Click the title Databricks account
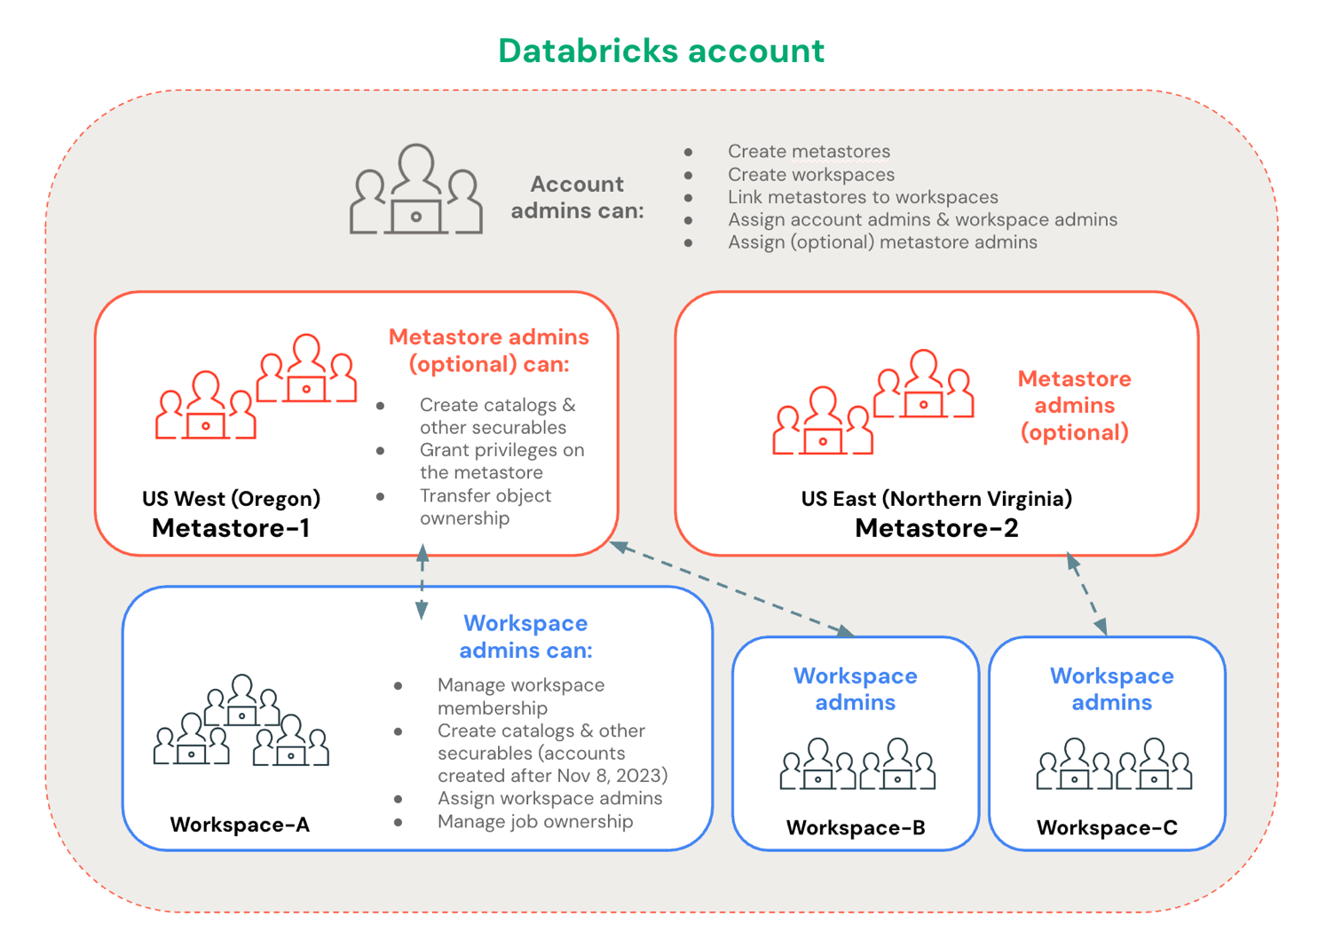[x=661, y=51]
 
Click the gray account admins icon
[x=415, y=191]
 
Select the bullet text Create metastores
[x=809, y=152]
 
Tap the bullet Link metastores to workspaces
[x=863, y=197]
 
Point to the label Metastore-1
[x=231, y=528]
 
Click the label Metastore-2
[x=936, y=528]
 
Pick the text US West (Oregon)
[x=231, y=499]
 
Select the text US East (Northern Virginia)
[x=936, y=499]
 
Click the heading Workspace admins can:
[x=525, y=636]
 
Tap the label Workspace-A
[x=240, y=825]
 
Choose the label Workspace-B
[x=856, y=828]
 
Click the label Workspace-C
[x=1107, y=828]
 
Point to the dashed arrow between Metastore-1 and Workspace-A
[x=422, y=582]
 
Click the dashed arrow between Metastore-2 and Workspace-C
[x=1087, y=594]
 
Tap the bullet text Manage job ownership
[x=535, y=822]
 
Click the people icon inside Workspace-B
[x=857, y=764]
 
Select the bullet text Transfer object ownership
[x=485, y=507]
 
